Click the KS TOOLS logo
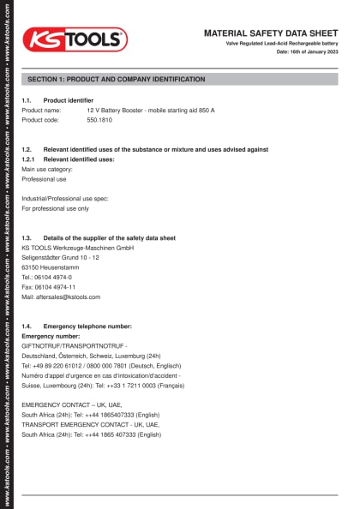pos(75,39)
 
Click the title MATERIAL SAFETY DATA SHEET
pos(271,33)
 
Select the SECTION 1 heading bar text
pos(117,79)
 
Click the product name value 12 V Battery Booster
pos(151,111)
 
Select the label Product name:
pos(41,111)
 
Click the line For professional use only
pos(55,208)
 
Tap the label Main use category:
pos(48,170)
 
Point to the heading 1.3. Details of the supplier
pos(99,237)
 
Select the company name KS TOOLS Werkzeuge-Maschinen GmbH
pos(78,248)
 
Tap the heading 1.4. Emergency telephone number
pos(77,326)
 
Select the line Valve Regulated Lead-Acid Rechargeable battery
pos(282,43)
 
